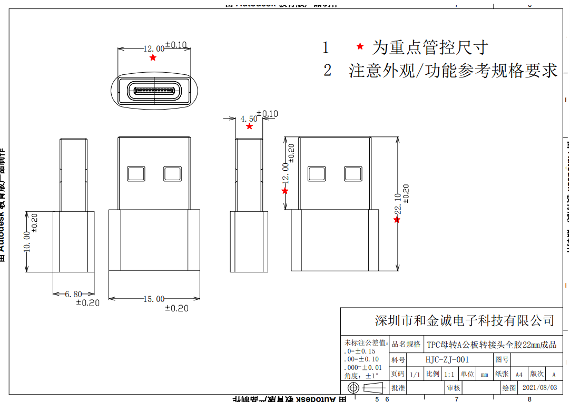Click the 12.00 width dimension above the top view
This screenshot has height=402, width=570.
pos(154,48)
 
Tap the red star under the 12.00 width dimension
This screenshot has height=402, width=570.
pos(153,57)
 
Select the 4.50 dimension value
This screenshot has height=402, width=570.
pos(249,119)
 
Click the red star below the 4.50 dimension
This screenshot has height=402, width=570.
pos(249,126)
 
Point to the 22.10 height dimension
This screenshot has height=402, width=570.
pos(398,203)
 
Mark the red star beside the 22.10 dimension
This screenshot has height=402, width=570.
pos(397,220)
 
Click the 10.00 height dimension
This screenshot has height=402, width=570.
pos(27,242)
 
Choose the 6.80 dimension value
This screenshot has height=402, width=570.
pos(73,295)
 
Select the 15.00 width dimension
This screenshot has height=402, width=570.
pos(154,299)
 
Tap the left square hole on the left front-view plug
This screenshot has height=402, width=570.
pos(136,174)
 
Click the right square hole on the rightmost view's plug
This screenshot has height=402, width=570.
pos(353,174)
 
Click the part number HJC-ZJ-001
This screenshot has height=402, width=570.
pos(447,360)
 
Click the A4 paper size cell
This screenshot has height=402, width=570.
pos(519,374)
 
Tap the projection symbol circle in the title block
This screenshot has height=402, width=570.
pos(353,388)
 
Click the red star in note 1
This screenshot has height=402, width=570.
pos(360,46)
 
